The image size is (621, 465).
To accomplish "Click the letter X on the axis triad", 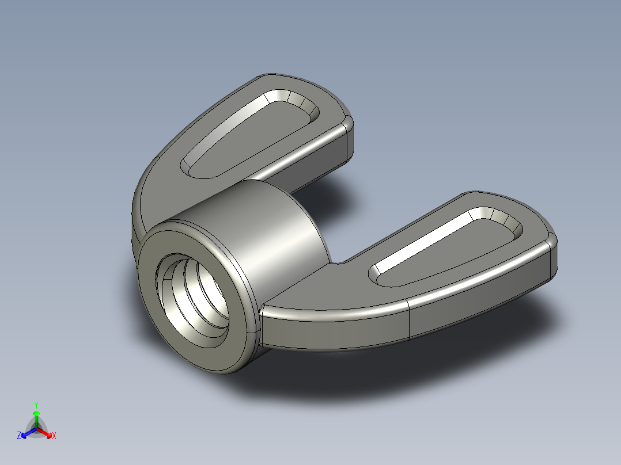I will coord(54,436).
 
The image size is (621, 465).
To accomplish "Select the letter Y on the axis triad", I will coord(36,404).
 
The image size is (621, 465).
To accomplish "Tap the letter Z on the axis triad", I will coord(19,436).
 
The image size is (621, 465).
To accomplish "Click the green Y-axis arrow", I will coord(36,417).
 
